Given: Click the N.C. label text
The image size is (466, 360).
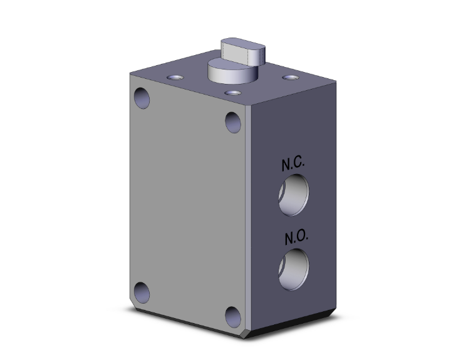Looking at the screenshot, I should pyautogui.click(x=293, y=165).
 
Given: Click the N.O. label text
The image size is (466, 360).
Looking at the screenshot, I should pyautogui.click(x=293, y=238).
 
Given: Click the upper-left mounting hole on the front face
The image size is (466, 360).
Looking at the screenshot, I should pyautogui.click(x=142, y=98).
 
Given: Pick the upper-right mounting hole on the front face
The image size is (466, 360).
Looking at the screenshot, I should pyautogui.click(x=233, y=121).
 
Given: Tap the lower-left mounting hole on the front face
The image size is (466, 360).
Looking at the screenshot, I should pyautogui.click(x=142, y=292).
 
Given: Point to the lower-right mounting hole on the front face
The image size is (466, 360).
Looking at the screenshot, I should pyautogui.click(x=233, y=317).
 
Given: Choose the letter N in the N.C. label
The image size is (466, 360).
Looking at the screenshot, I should pyautogui.click(x=285, y=165).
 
